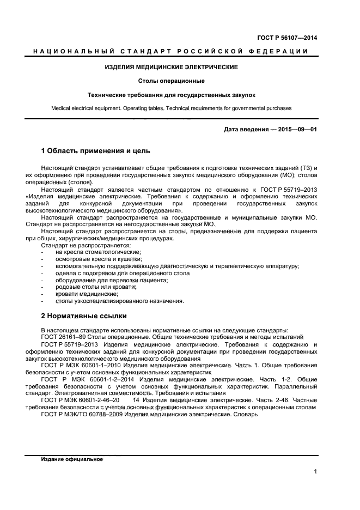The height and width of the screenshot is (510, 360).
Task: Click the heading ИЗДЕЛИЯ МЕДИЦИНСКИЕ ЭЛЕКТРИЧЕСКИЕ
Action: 171,67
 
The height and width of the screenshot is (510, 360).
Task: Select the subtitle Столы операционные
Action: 171,81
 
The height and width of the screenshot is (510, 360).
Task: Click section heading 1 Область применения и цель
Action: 96,150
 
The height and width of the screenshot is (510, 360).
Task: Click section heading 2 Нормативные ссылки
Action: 84,315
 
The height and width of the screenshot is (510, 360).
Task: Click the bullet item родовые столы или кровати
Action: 88,287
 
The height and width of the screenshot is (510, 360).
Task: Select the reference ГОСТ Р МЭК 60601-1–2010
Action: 81,366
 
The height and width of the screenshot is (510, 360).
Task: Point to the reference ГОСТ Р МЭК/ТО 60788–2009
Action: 82,415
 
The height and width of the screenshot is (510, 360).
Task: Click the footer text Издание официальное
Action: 72,459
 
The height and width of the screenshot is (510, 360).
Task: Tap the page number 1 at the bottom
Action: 315,472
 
